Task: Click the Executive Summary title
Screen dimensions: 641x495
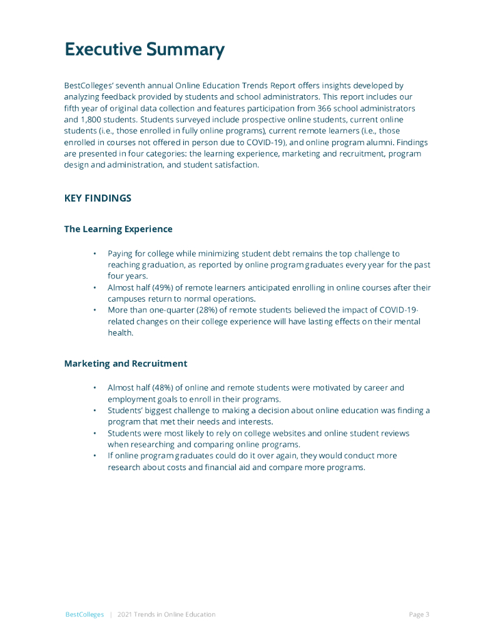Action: coord(144,50)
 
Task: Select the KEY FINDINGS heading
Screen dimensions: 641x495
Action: coord(98,198)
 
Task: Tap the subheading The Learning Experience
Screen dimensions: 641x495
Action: coord(118,229)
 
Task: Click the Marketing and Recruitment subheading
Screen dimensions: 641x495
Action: coord(125,364)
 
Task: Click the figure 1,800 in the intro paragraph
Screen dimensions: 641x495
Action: coord(92,120)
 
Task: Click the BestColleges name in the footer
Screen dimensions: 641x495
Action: coord(84,615)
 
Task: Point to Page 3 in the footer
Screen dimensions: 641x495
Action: coord(419,615)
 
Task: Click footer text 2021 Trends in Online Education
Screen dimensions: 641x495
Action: coord(166,615)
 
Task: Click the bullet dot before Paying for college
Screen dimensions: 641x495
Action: coord(94,254)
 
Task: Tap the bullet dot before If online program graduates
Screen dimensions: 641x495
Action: coord(94,456)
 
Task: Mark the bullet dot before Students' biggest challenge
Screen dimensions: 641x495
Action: coord(94,411)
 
